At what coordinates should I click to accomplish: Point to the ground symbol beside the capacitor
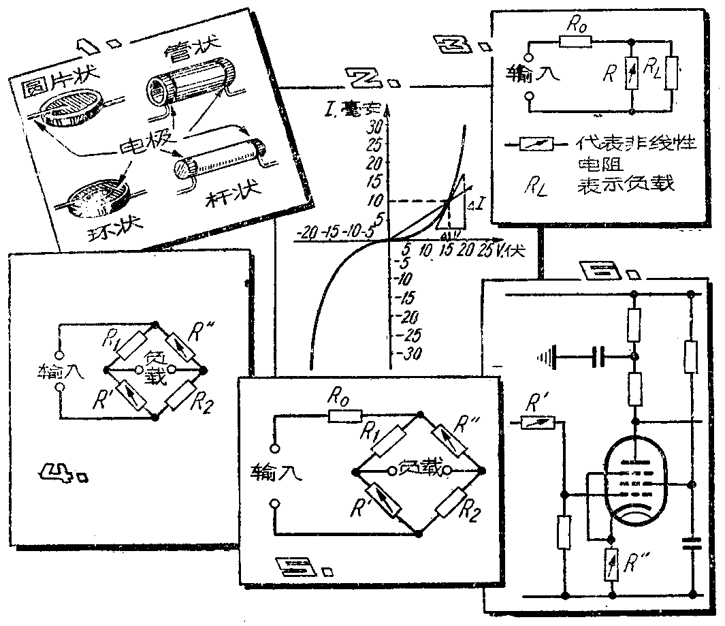point(545,355)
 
